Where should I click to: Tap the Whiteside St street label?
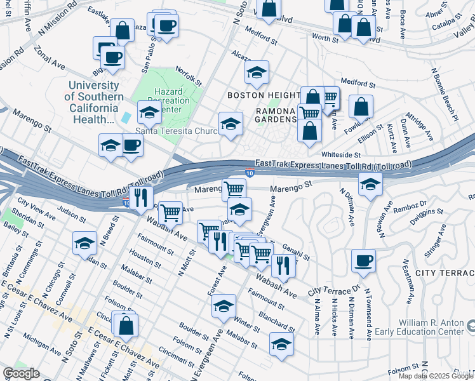340,154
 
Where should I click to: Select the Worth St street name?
325,38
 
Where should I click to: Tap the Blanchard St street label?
276,317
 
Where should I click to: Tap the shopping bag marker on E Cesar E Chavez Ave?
127,325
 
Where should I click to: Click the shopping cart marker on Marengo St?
234,188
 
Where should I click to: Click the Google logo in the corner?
21,374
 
